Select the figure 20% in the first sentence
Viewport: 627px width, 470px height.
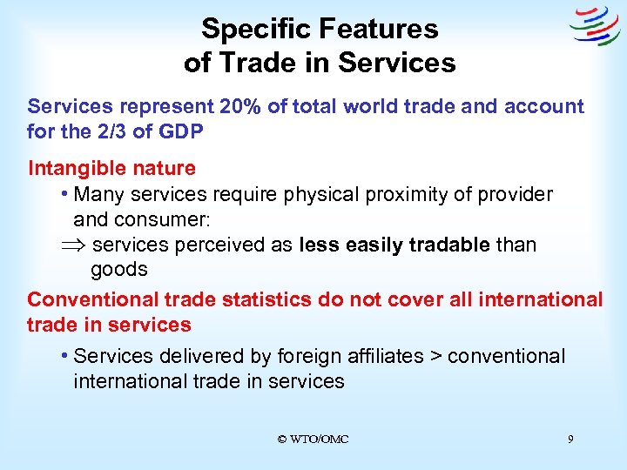point(238,106)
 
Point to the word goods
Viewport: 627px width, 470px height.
point(119,270)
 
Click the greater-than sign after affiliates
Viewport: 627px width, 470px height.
point(438,356)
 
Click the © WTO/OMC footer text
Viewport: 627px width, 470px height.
point(313,440)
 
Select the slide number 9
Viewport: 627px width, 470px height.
point(570,440)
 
